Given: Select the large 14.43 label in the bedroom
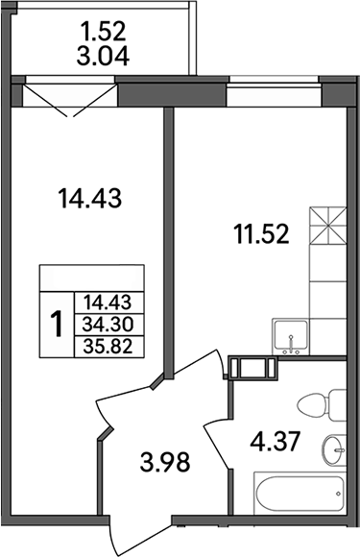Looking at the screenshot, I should point(93,200).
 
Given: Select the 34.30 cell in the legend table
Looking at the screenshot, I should point(108,324).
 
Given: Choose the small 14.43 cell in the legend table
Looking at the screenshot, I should point(108,301).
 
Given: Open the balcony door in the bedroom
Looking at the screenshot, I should point(67,100).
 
